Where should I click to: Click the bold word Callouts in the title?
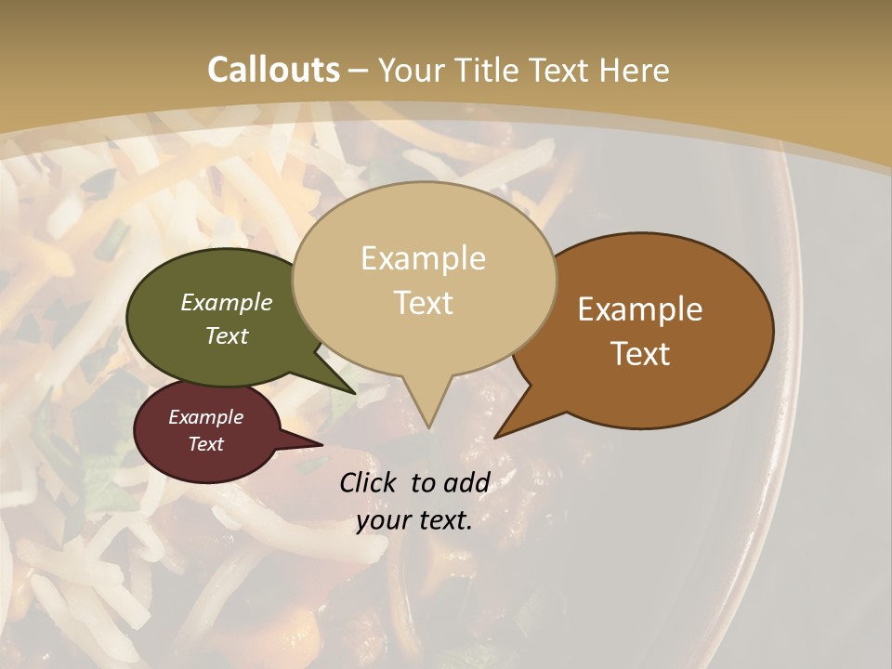[273, 70]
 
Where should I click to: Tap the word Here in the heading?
[635, 70]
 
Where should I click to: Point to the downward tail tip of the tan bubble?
[428, 426]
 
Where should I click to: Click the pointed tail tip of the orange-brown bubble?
[496, 437]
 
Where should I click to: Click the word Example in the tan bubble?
[423, 258]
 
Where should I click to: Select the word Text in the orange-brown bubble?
[641, 354]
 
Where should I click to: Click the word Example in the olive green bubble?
[226, 302]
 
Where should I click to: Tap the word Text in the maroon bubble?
[205, 444]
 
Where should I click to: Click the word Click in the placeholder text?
[370, 482]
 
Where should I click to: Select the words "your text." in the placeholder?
[414, 520]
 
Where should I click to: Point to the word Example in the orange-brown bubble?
[640, 309]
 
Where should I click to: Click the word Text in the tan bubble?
[424, 303]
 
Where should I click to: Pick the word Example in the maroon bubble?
[205, 417]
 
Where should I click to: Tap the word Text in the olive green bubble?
[226, 335]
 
